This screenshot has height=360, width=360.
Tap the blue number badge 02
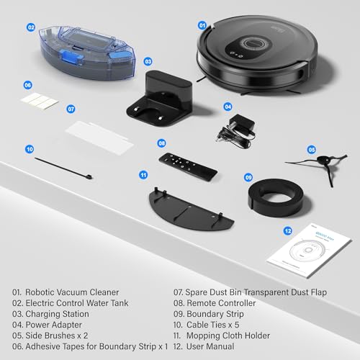coord(31,27)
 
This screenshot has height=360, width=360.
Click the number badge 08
coord(161,143)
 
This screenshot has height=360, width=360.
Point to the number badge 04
coord(228,106)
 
